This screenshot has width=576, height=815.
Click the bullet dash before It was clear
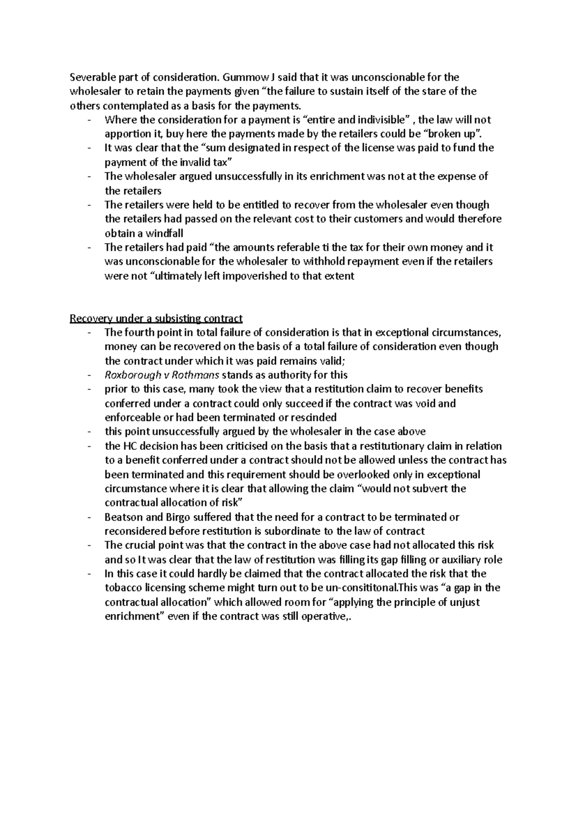[90, 148]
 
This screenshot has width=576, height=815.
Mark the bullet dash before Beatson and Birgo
[90, 517]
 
